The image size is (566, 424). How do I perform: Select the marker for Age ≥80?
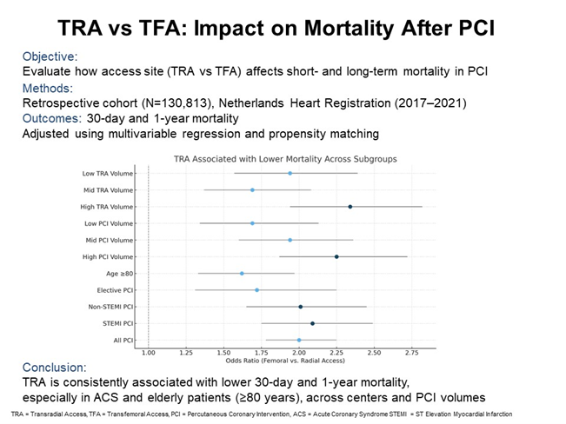242,274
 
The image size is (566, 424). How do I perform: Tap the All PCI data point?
299,341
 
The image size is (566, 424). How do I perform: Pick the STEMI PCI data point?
312,323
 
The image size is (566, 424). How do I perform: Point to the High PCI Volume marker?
336,257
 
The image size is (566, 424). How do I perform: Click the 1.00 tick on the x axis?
149,353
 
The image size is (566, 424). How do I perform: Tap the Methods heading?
48,87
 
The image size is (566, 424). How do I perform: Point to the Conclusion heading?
55,367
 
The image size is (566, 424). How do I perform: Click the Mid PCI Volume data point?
290,240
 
